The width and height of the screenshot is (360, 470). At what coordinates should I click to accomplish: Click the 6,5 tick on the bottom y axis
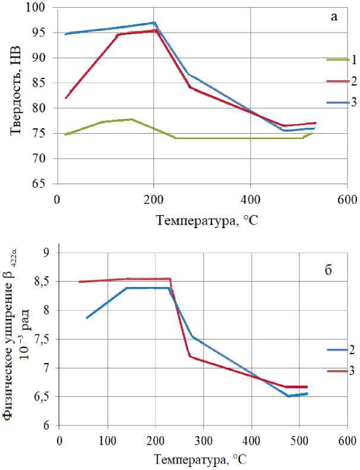pyautogui.click(x=45, y=398)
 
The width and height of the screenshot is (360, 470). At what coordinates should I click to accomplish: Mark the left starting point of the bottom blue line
pyautogui.click(x=87, y=318)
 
